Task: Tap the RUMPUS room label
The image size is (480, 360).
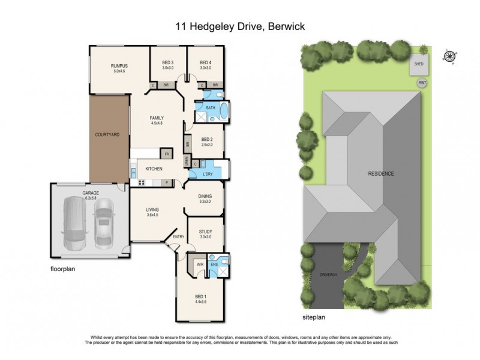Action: pyautogui.click(x=119, y=65)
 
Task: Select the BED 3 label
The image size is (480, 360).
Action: pyautogui.click(x=168, y=62)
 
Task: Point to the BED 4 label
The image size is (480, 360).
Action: pyautogui.click(x=206, y=62)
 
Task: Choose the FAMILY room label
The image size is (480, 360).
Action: pyautogui.click(x=157, y=118)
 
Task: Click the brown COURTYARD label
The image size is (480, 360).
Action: pyautogui.click(x=109, y=135)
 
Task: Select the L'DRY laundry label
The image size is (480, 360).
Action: pyautogui.click(x=209, y=173)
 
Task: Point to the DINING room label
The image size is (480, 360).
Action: pyautogui.click(x=205, y=196)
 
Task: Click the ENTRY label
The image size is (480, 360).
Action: pyautogui.click(x=179, y=236)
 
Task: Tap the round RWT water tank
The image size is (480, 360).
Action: pyautogui.click(x=422, y=83)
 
